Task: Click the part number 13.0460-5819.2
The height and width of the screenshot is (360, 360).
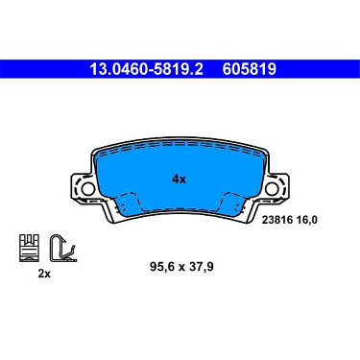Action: (x=146, y=69)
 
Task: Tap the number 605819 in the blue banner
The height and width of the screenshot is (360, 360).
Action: (x=250, y=69)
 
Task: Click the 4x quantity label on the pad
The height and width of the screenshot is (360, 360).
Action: (x=179, y=180)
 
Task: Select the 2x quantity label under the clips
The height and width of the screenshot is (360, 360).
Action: (x=44, y=274)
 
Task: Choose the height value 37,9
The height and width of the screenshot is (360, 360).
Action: (x=201, y=266)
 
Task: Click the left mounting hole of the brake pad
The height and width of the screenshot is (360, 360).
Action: (x=87, y=189)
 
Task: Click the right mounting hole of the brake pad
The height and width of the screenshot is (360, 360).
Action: (x=272, y=189)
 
